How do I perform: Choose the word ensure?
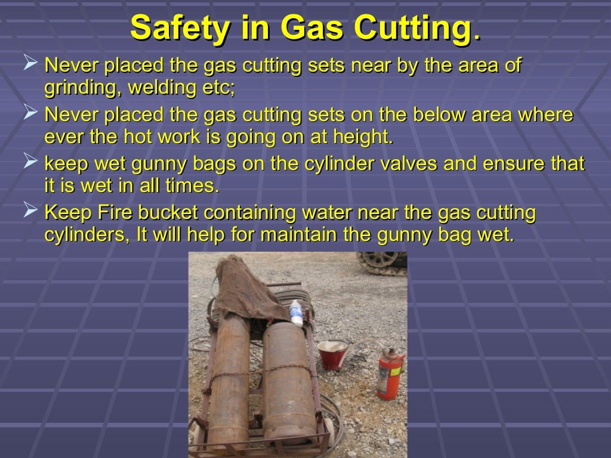pyautogui.click(x=514, y=163)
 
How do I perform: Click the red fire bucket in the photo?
pyautogui.click(x=332, y=354)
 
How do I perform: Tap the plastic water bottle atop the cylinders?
pyautogui.click(x=297, y=312)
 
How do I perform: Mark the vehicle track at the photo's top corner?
pyautogui.click(x=382, y=262)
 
